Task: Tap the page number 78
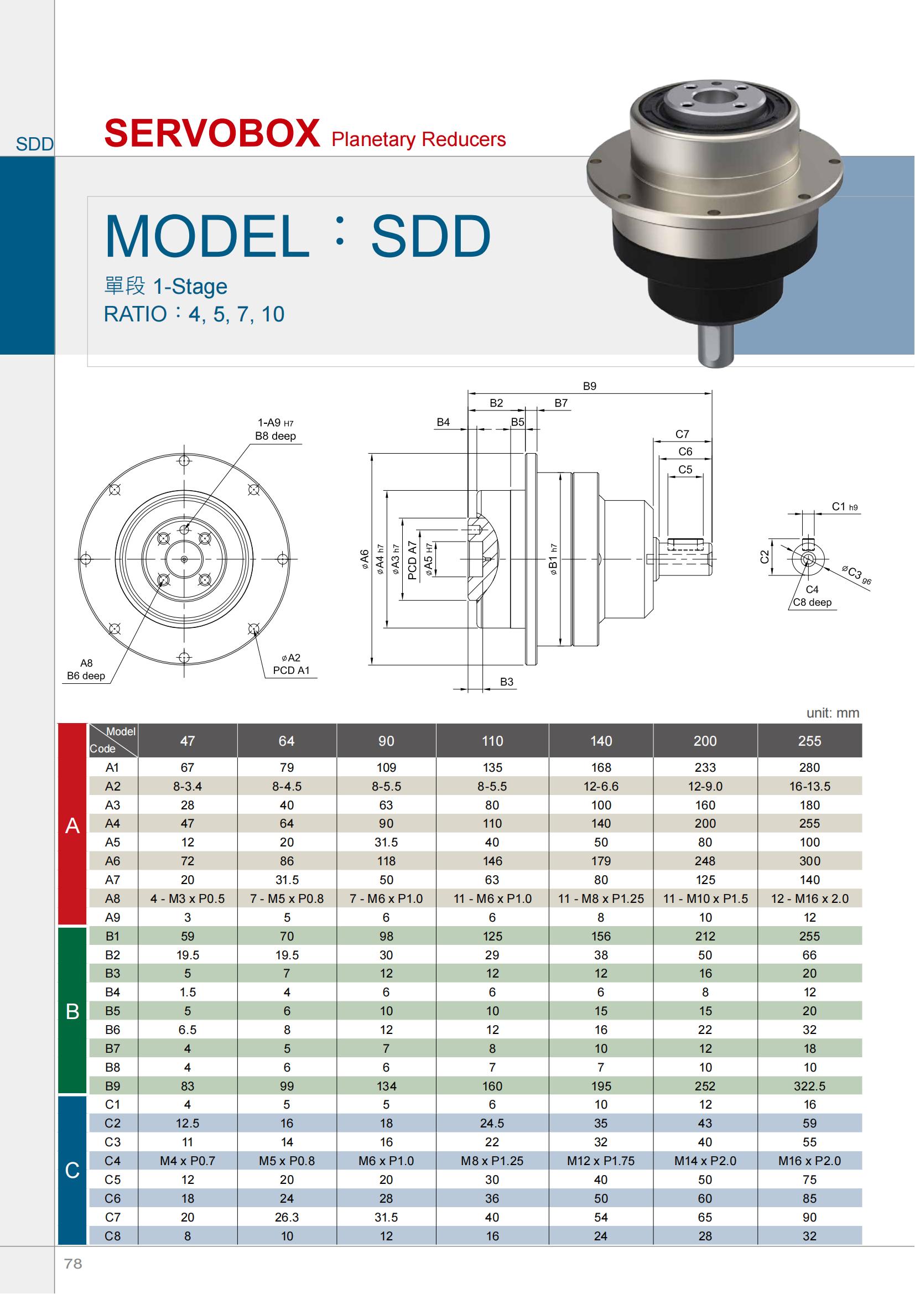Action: coord(73,1264)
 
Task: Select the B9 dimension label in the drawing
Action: coord(589,386)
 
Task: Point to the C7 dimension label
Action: coord(682,434)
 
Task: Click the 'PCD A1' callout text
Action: coord(292,670)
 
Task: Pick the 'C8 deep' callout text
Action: coord(812,602)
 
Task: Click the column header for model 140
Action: coord(601,741)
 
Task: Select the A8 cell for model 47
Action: coord(188,898)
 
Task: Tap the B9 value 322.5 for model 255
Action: coord(810,1086)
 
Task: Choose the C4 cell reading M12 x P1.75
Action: coord(601,1161)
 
